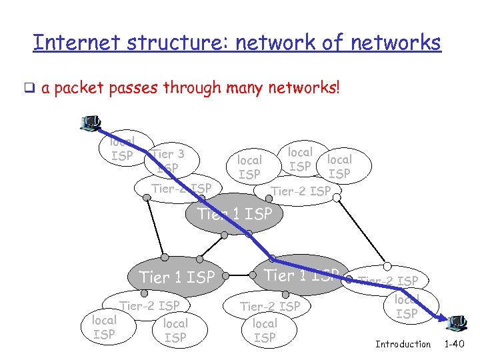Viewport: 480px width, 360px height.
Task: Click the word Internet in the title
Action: click(x=66, y=43)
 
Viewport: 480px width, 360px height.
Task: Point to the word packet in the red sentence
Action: click(x=85, y=88)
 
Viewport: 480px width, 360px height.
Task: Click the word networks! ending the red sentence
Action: click(x=305, y=88)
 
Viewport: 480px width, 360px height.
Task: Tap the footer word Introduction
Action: click(x=403, y=344)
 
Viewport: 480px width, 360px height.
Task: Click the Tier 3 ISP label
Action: click(x=167, y=161)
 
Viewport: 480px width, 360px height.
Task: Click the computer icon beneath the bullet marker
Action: click(x=90, y=123)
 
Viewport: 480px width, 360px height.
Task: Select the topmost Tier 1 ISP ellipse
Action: click(x=235, y=214)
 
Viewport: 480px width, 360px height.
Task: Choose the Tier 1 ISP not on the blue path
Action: click(x=177, y=276)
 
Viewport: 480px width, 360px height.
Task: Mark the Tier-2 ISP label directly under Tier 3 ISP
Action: click(x=181, y=189)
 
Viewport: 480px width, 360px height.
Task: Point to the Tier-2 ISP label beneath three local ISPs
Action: click(x=300, y=191)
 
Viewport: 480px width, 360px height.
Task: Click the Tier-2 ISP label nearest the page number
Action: click(x=389, y=281)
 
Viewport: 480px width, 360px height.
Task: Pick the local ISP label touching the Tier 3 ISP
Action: click(x=122, y=149)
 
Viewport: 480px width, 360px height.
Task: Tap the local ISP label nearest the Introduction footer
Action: click(x=407, y=307)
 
